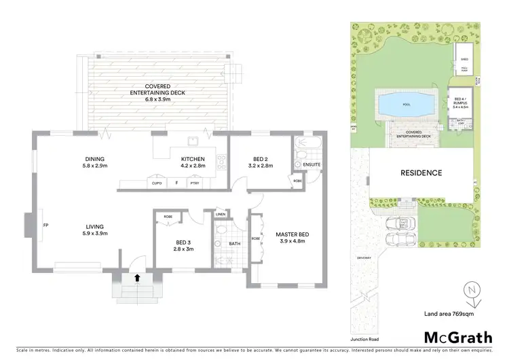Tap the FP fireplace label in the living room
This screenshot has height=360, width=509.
click(45, 224)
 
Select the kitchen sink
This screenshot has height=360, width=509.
click(193, 143)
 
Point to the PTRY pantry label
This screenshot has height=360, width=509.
click(195, 183)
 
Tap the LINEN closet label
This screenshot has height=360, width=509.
click(220, 215)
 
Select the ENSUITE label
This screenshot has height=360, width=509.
click(312, 165)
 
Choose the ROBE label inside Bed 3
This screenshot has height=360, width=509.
click(168, 217)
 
